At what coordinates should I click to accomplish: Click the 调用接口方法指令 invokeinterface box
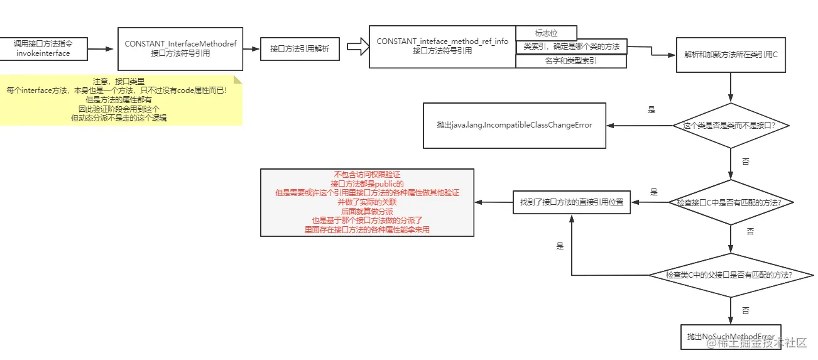(43, 48)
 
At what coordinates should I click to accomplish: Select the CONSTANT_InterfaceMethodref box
(180, 48)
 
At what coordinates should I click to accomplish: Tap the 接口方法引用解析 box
(300, 48)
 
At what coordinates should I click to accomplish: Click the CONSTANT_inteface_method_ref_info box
(442, 46)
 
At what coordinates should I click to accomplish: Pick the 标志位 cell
(545, 33)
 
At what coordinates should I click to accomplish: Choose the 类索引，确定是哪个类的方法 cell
(571, 46)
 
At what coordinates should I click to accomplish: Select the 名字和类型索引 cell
(571, 62)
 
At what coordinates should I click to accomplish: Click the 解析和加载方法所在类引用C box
(731, 55)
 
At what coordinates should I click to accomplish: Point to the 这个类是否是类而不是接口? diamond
(731, 126)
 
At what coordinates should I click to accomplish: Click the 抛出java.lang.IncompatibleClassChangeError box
(514, 125)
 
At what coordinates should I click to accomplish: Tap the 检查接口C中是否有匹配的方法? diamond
(731, 202)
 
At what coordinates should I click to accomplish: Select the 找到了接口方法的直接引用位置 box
(571, 202)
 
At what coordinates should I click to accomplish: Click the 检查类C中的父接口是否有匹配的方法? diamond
(731, 275)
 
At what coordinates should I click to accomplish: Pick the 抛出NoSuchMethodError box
(731, 337)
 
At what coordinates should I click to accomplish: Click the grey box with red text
(367, 202)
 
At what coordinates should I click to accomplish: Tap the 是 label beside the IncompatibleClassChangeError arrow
(652, 109)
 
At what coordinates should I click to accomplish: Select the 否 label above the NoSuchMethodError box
(746, 310)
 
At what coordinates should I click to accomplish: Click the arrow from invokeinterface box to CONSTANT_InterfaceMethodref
(102, 48)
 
